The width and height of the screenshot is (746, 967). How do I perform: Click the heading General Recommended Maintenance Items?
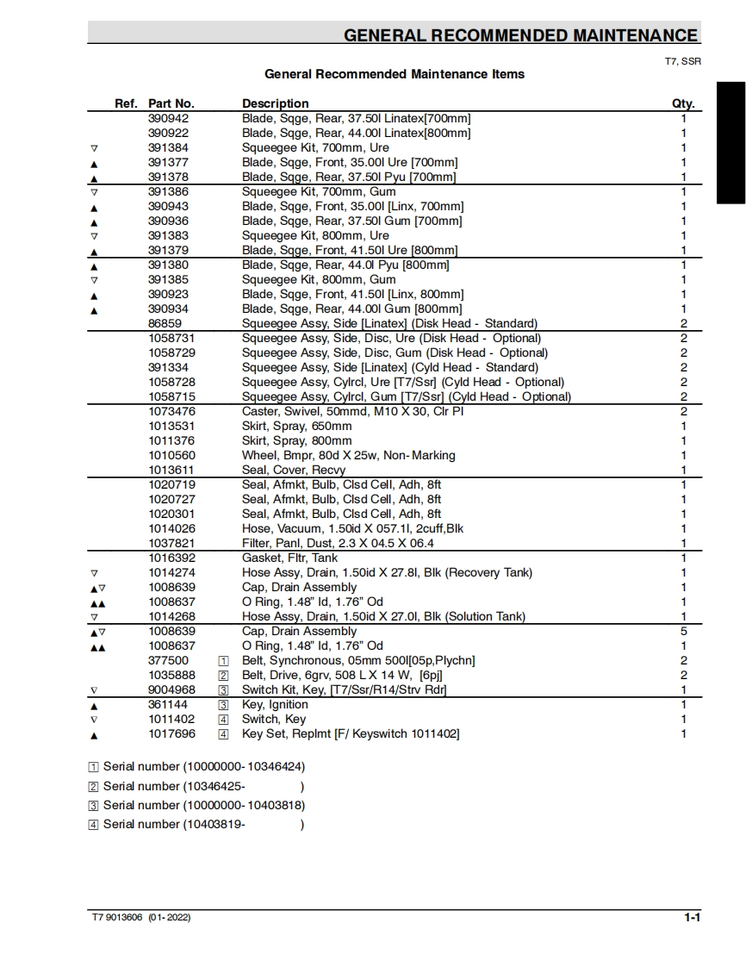click(x=395, y=74)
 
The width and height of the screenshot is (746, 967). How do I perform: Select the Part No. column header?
click(x=171, y=103)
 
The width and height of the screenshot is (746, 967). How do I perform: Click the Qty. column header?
click(x=682, y=103)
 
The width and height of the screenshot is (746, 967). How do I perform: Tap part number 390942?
click(x=168, y=118)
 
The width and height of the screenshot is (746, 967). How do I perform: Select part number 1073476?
click(x=171, y=411)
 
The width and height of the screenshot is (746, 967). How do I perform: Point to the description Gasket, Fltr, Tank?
click(x=289, y=558)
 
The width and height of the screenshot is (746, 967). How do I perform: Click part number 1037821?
click(x=171, y=543)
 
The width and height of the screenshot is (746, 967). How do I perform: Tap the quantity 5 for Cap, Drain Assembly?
click(x=684, y=631)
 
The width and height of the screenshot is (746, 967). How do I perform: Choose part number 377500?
click(x=168, y=660)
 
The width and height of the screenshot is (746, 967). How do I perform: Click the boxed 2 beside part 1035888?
click(x=223, y=676)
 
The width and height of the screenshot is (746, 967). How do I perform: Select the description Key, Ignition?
click(x=275, y=704)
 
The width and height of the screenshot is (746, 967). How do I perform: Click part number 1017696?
click(x=171, y=733)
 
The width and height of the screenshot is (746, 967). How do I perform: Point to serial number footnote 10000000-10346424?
click(x=203, y=766)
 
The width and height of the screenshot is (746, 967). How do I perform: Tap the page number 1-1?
click(x=692, y=918)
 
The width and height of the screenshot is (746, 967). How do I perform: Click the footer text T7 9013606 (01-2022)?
click(x=141, y=918)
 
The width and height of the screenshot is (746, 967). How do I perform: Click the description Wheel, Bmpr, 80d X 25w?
click(x=348, y=455)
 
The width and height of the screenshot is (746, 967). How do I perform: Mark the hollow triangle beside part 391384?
click(x=94, y=148)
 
